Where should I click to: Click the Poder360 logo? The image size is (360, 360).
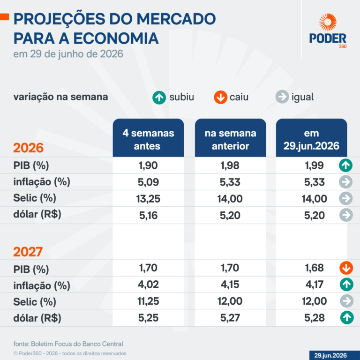pos(328,31)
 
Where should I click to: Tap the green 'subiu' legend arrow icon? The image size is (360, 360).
pos(159,97)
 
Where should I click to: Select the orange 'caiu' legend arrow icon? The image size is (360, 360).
pos(220,97)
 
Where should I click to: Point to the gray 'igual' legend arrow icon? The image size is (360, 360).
pos(282,97)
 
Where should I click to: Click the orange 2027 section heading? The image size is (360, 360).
pos(28,252)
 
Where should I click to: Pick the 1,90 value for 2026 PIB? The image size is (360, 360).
pos(148,165)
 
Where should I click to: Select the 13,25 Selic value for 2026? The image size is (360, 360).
pos(148,199)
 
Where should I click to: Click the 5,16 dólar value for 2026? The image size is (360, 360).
pos(148,215)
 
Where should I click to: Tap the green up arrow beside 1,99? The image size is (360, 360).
pos(346,165)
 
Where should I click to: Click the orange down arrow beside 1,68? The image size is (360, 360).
pos(346,268)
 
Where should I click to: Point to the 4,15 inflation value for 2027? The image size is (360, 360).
pos(230,285)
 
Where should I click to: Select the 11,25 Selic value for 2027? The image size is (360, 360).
pos(148,301)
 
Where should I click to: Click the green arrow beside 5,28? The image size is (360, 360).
pos(347,317)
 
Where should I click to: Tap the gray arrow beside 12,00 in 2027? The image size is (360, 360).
pos(347,301)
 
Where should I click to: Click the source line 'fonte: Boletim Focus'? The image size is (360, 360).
pos(68,344)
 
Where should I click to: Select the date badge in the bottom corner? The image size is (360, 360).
pos(335,355)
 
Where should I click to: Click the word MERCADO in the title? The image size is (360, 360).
pos(176,19)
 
